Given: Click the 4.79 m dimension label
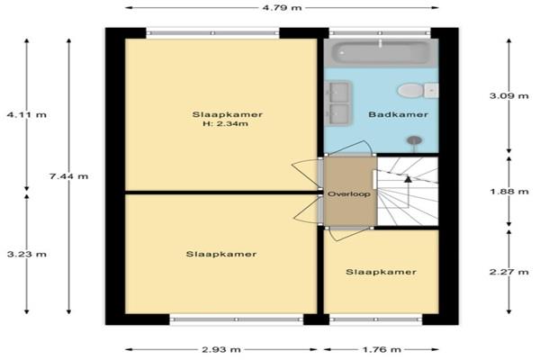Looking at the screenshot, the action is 282,7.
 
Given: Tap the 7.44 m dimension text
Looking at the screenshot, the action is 69,176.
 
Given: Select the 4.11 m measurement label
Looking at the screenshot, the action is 27,114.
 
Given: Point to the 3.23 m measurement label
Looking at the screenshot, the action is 27,254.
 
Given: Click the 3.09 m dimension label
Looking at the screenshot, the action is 509,95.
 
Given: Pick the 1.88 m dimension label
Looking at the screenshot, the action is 509,191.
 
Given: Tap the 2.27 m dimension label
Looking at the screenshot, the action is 509,272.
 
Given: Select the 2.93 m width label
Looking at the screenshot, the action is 221,350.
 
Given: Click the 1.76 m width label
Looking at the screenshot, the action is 382,350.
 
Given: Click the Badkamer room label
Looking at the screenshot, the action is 399,114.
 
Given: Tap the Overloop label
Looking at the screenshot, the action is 349,194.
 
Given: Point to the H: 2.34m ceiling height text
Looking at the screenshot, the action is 226,124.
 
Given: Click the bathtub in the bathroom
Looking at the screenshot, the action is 381,53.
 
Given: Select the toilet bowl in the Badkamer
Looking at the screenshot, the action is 410,91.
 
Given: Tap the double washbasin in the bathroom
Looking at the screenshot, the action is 338,103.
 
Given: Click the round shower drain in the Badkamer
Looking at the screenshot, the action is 414,140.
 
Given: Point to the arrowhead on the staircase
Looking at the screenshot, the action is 408,179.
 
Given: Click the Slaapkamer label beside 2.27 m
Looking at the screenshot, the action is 382,272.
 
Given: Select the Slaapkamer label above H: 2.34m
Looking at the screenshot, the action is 228,114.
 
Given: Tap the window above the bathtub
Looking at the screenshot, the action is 380,33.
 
